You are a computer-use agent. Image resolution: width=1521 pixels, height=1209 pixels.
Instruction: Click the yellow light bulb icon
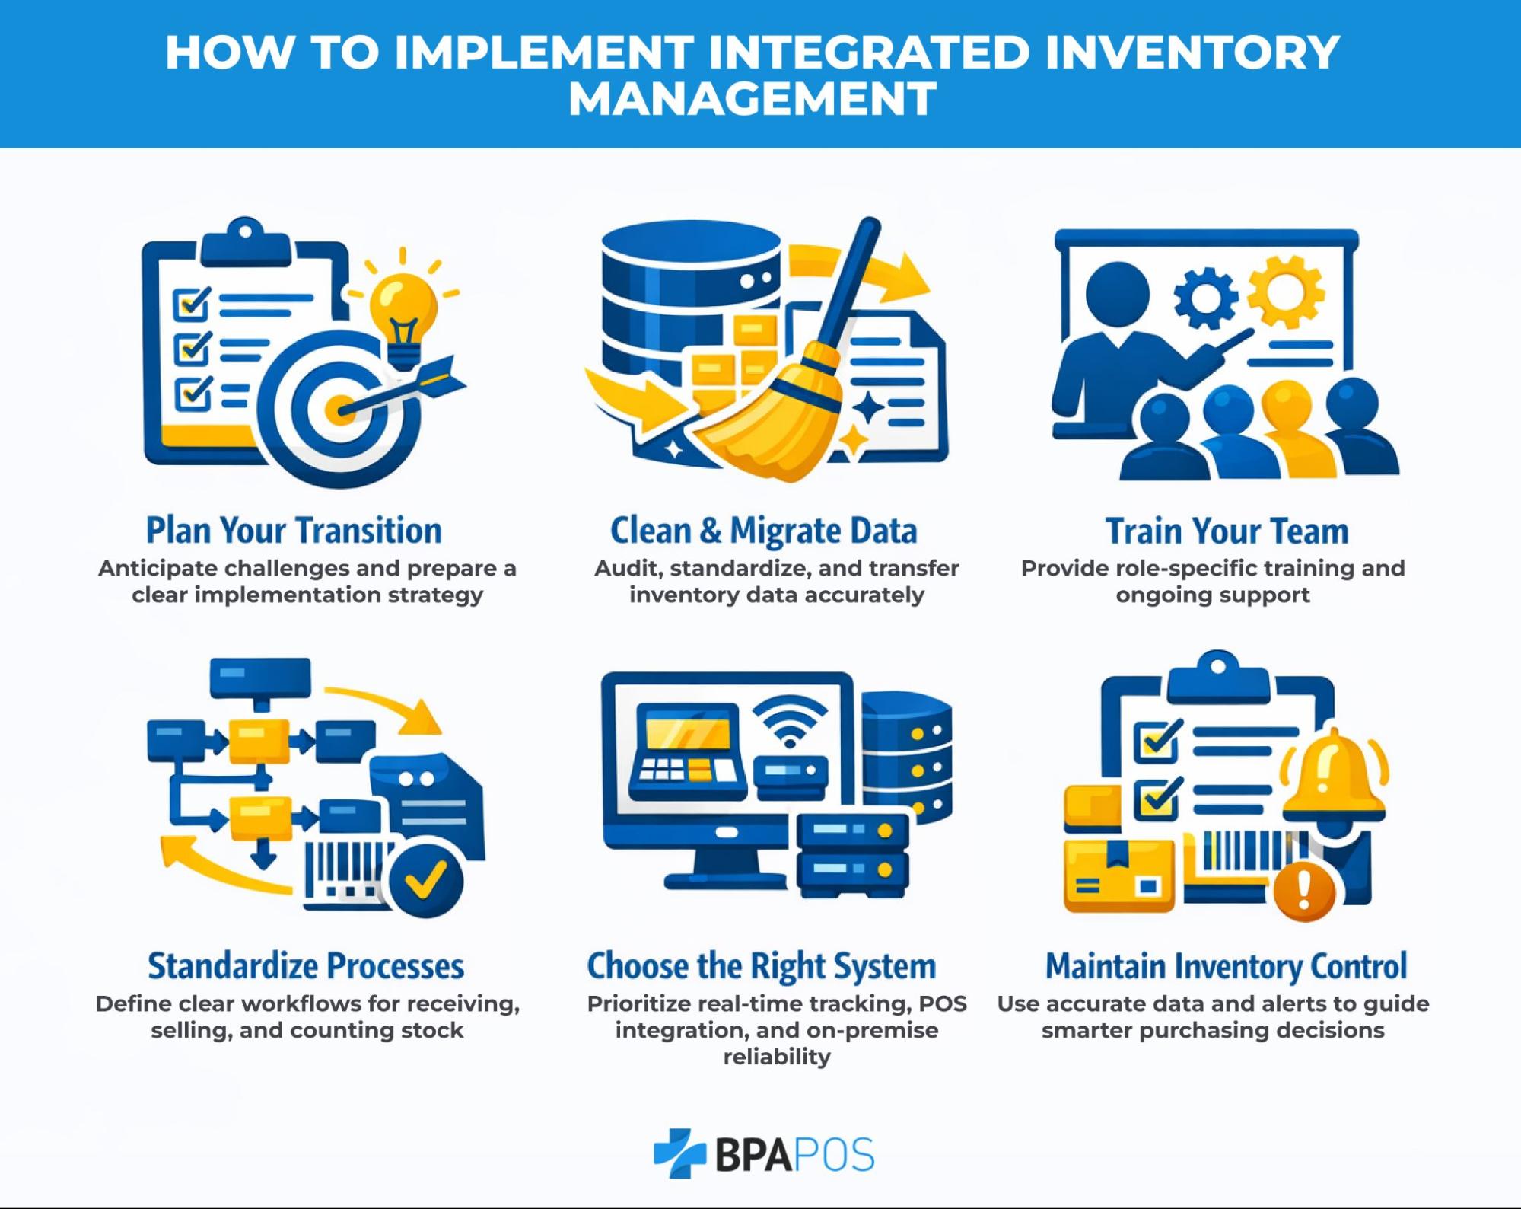point(403,308)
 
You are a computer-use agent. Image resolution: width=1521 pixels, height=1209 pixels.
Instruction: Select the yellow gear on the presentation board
point(1286,292)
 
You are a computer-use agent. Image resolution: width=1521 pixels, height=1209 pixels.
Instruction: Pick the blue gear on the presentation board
point(1205,297)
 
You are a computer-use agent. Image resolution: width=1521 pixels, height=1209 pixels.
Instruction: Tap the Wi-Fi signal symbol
point(790,721)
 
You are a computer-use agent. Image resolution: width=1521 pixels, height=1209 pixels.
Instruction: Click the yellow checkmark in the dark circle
point(425,879)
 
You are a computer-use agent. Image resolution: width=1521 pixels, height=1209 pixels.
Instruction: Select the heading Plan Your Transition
point(294,531)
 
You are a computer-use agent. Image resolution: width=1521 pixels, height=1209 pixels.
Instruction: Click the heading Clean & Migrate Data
point(763,531)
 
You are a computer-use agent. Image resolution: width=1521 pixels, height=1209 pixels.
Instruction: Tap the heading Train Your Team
point(1227,531)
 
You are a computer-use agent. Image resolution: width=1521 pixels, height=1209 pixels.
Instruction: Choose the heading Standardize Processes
point(306,965)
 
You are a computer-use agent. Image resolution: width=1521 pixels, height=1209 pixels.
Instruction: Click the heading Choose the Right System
point(761,965)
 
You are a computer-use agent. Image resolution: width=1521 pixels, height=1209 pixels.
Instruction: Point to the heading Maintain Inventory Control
point(1226,965)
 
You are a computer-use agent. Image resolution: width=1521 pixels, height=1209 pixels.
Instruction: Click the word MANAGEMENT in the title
point(753,99)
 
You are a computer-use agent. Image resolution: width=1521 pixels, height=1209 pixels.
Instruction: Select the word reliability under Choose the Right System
point(776,1057)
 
